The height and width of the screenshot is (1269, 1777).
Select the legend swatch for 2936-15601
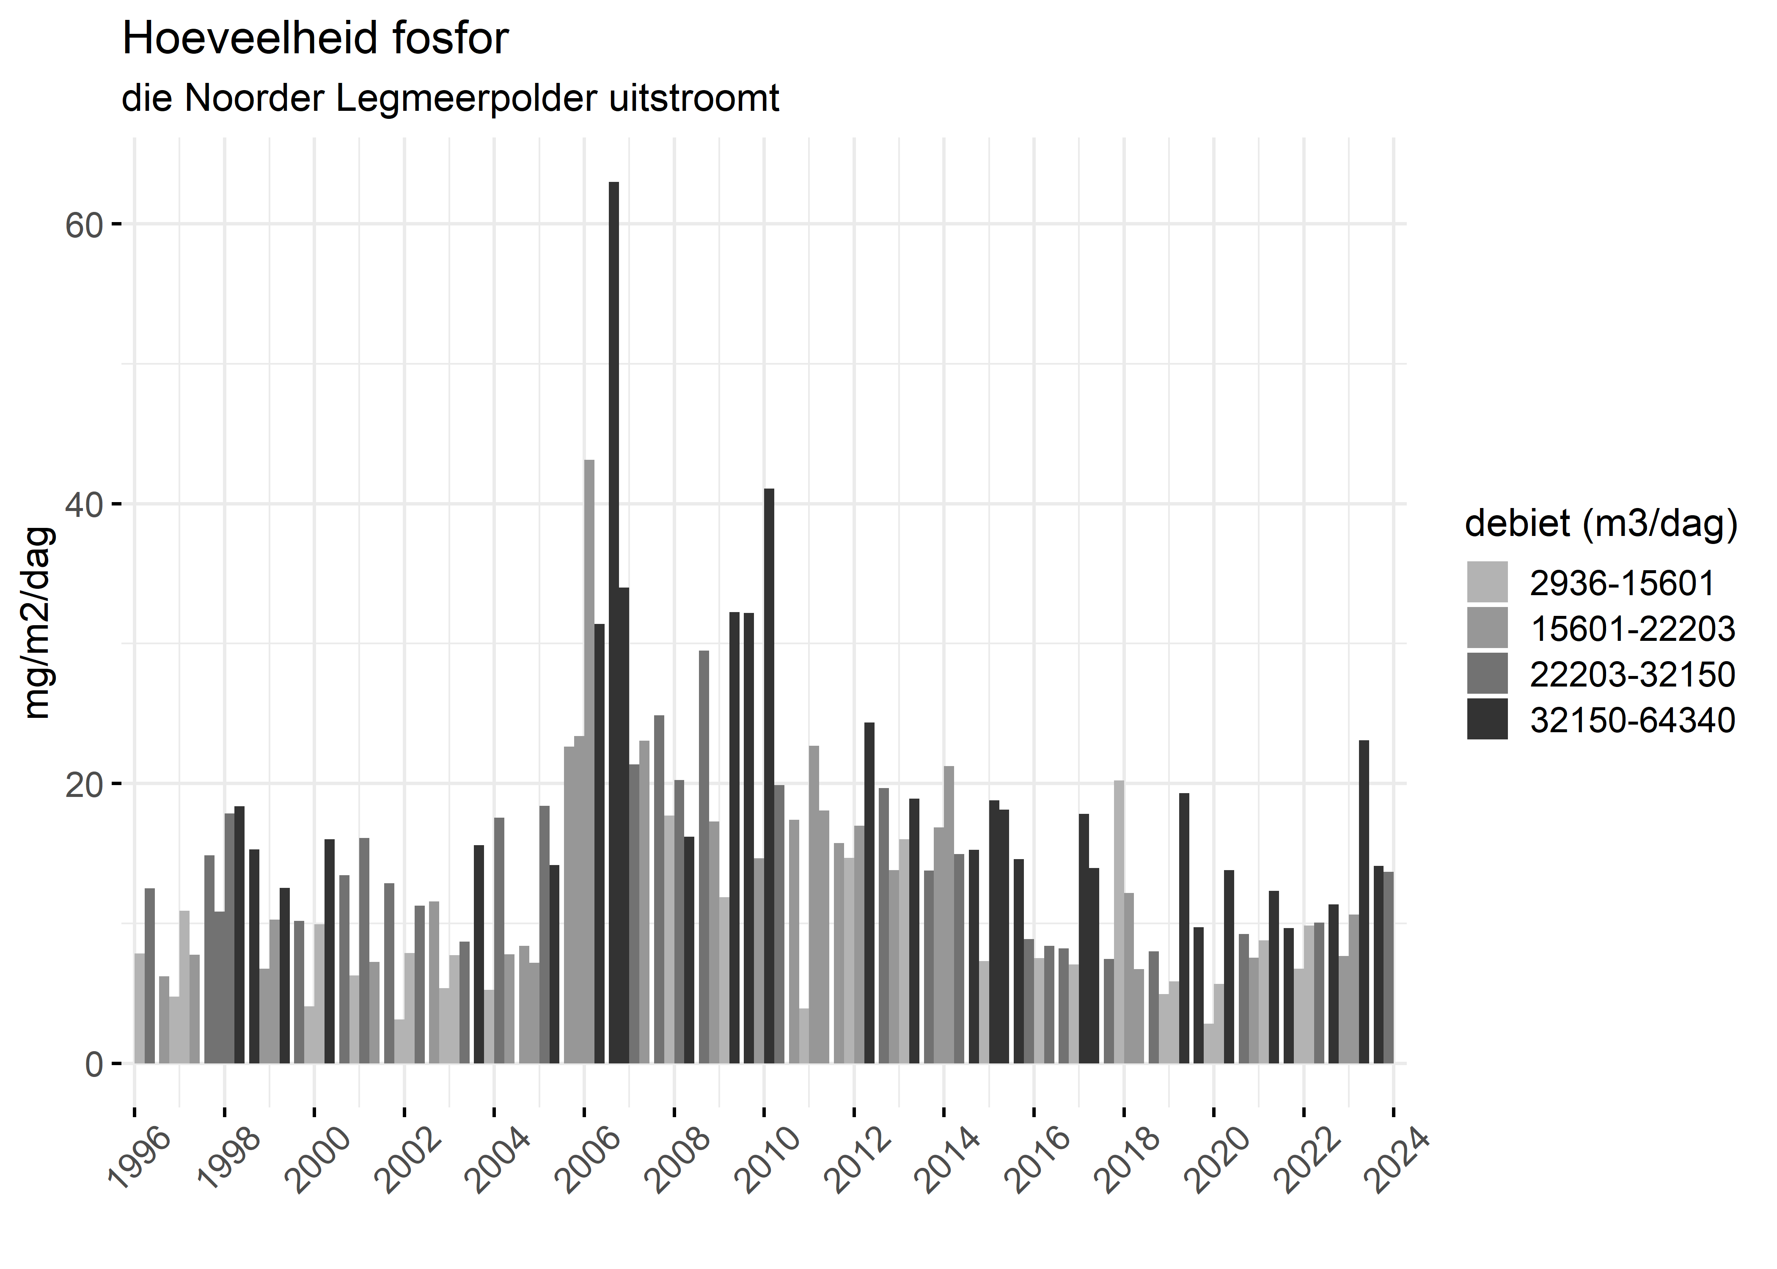(x=1487, y=582)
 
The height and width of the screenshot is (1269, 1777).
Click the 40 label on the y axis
(x=84, y=505)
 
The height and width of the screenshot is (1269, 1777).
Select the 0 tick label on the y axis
(x=94, y=1064)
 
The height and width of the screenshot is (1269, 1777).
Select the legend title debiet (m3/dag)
(x=1601, y=524)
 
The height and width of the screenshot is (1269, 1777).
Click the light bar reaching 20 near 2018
(x=1119, y=922)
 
